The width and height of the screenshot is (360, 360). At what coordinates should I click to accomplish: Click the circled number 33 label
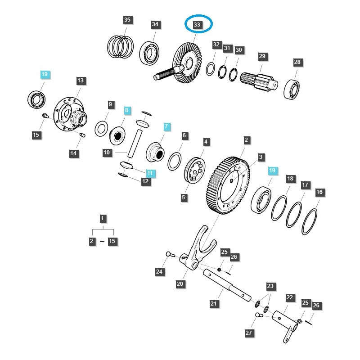click(197, 25)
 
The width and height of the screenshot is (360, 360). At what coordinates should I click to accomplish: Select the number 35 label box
click(127, 20)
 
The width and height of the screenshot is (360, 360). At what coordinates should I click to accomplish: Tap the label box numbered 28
click(297, 62)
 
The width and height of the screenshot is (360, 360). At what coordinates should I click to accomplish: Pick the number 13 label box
click(80, 81)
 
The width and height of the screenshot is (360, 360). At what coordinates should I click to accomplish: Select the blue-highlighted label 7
click(166, 126)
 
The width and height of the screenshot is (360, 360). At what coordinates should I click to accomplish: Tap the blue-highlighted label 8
click(127, 110)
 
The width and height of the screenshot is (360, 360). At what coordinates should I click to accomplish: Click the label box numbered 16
click(319, 192)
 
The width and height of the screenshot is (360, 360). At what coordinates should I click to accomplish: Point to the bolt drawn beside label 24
click(169, 255)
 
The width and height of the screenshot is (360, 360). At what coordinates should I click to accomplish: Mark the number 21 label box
click(214, 304)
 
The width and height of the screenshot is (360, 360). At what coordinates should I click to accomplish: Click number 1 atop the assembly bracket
click(103, 219)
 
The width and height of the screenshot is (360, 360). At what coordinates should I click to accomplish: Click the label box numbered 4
click(206, 142)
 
